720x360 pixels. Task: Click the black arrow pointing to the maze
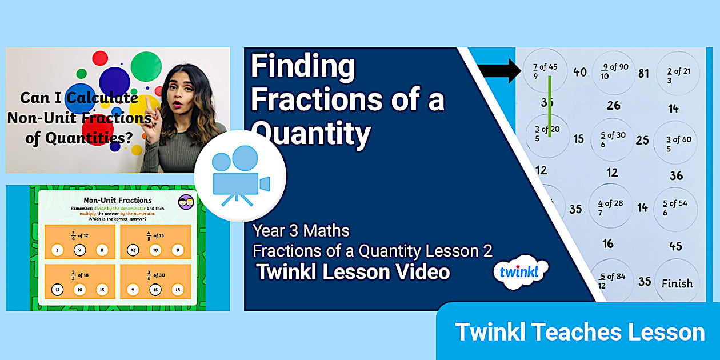[x=498, y=71]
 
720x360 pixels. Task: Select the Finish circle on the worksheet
[x=677, y=283]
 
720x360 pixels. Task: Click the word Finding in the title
[x=303, y=66]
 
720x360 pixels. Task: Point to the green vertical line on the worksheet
[x=550, y=106]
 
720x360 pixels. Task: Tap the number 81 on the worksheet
[x=643, y=73]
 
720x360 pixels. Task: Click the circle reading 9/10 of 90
[x=614, y=71]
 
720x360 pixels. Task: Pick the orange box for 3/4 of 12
[x=79, y=241]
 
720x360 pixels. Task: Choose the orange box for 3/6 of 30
[x=155, y=281]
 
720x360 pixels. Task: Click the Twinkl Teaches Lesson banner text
[x=579, y=332]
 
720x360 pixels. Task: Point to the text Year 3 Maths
[x=301, y=231]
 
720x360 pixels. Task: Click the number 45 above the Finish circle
[x=675, y=246]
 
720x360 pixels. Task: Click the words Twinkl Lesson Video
[x=353, y=272]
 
